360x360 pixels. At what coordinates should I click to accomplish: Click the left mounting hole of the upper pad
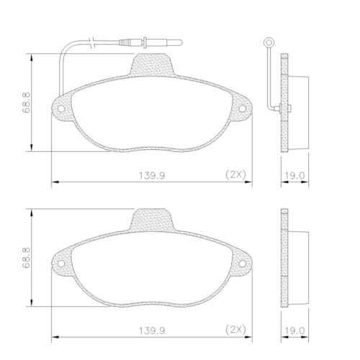(61, 110)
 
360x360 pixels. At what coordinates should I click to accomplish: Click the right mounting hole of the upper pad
(242, 110)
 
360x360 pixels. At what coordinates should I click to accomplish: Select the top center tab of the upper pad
(152, 67)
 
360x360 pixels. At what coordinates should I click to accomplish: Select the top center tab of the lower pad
(152, 220)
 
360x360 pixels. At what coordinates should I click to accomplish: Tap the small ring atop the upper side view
(269, 42)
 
